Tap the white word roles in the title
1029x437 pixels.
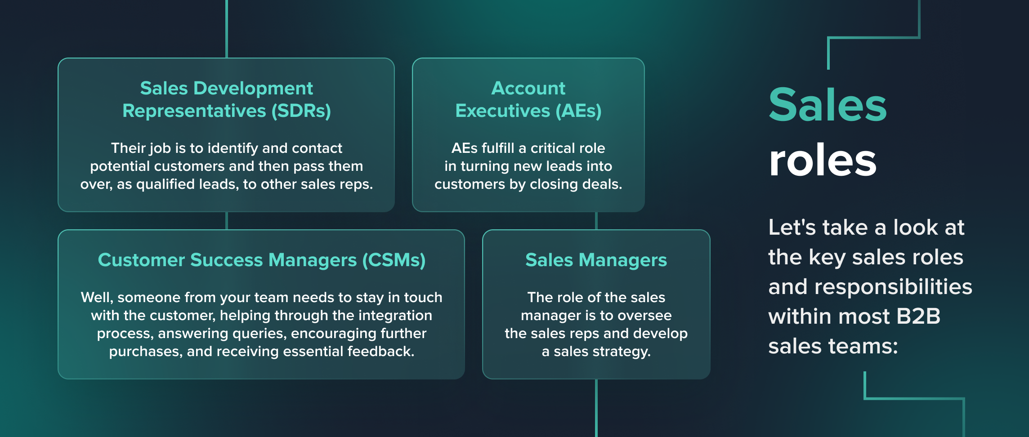coord(823,161)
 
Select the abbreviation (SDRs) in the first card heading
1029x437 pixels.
coord(301,111)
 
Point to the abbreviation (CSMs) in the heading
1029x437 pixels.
coord(394,260)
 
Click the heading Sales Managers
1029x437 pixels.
coord(596,260)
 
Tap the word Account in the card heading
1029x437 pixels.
coord(528,88)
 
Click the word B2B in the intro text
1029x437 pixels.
coord(918,316)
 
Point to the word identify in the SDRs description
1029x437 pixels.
coord(233,148)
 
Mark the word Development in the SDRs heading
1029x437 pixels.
coord(253,88)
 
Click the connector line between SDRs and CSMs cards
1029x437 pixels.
coord(227,221)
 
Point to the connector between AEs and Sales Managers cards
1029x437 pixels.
coord(596,221)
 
